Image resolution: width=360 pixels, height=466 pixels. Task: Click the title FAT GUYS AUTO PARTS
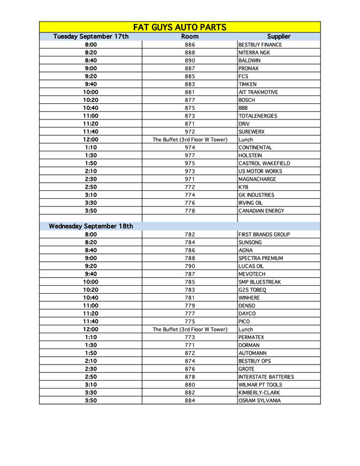(x=179, y=26)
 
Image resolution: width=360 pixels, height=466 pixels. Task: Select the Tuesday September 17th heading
(x=91, y=37)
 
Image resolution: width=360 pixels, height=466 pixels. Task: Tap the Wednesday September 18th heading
(x=91, y=226)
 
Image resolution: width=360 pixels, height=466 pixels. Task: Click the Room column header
(x=190, y=37)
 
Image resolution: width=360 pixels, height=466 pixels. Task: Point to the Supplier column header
(x=278, y=37)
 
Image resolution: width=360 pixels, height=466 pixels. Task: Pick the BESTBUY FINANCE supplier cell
(x=260, y=45)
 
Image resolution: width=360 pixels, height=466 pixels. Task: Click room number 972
(x=190, y=132)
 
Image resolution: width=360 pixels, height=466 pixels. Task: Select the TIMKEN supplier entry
(x=247, y=84)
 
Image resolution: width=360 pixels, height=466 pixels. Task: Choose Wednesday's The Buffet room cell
(x=190, y=329)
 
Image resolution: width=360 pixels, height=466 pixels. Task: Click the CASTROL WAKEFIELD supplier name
(x=264, y=163)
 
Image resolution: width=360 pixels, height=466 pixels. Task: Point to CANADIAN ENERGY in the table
(x=262, y=211)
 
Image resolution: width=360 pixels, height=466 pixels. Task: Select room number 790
(x=190, y=266)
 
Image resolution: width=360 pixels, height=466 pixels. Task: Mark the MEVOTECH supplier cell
(x=253, y=274)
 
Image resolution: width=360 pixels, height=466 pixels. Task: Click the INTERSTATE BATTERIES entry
(x=266, y=377)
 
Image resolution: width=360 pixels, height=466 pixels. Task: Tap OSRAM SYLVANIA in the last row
(x=260, y=400)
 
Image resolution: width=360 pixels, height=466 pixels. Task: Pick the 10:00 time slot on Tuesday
(x=91, y=92)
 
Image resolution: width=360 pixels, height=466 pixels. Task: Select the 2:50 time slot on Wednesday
(x=91, y=377)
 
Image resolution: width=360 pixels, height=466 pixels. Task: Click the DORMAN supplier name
(x=250, y=345)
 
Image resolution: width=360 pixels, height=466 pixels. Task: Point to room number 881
(x=190, y=92)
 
